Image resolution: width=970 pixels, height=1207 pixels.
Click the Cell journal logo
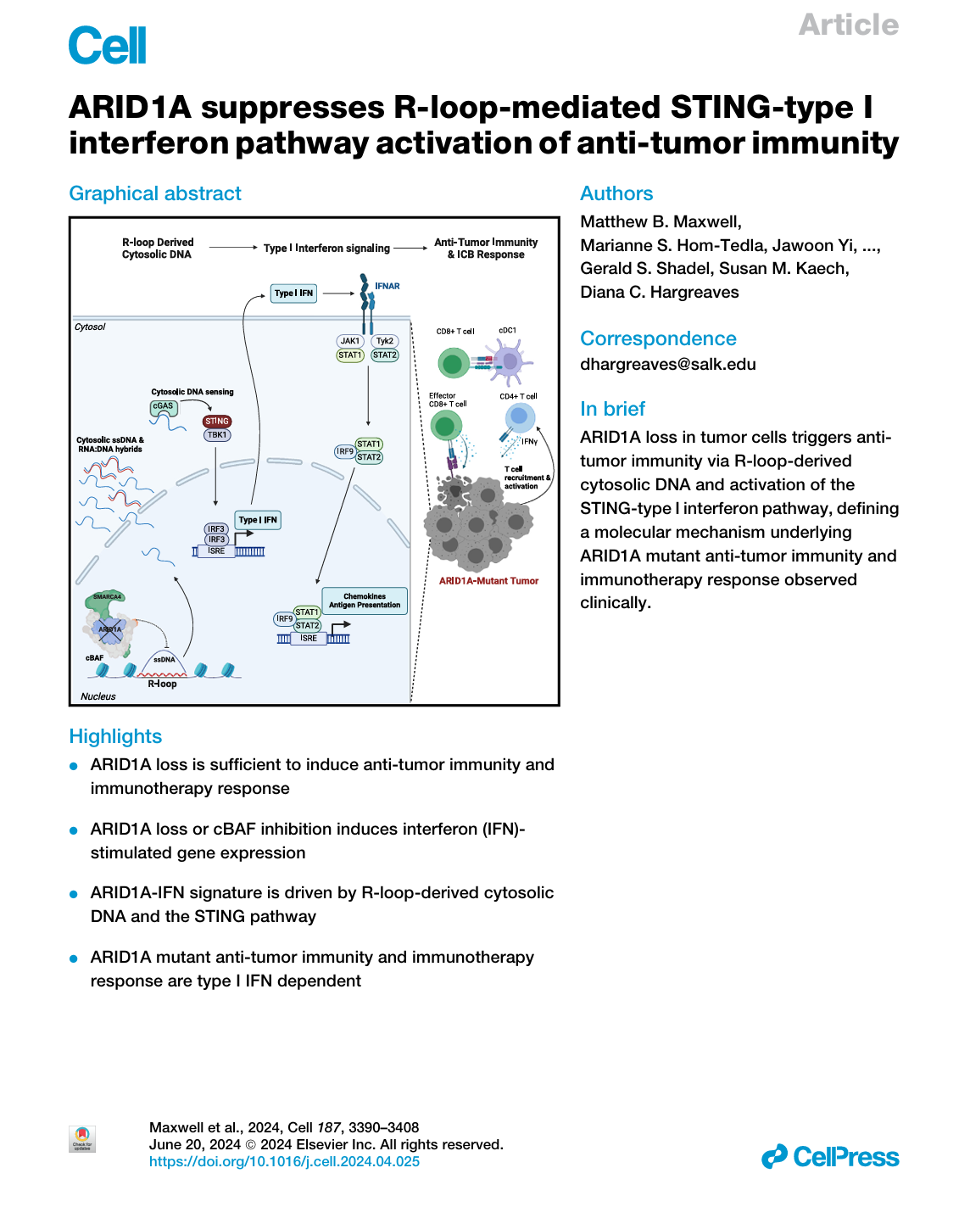(x=107, y=45)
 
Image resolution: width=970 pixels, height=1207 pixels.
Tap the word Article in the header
(x=848, y=25)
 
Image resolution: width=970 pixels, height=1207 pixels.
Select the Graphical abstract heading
(x=155, y=193)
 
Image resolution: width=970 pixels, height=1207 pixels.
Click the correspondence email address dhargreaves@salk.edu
(x=667, y=364)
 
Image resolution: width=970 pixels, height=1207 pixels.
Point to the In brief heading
(x=612, y=409)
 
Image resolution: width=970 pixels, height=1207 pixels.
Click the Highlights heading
(x=115, y=736)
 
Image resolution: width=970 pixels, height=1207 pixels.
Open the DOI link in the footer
(x=284, y=1162)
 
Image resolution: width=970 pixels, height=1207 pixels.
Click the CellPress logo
(x=830, y=1157)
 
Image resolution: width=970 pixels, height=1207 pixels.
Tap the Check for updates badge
(x=82, y=1138)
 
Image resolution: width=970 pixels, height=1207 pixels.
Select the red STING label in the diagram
(x=217, y=422)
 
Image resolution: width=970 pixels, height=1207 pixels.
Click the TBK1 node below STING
(x=217, y=435)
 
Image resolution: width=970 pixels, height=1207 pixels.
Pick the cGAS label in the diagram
(x=163, y=406)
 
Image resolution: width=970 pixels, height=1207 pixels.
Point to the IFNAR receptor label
(x=387, y=286)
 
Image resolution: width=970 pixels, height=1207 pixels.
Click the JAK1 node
(x=350, y=341)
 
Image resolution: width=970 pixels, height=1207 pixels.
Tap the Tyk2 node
(x=385, y=341)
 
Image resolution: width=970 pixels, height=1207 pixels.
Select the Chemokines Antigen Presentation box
(x=365, y=601)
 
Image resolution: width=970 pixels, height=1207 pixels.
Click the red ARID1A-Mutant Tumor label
(x=488, y=581)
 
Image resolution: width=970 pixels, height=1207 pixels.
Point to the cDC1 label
(x=507, y=331)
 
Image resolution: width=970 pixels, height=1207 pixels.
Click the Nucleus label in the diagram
(x=98, y=696)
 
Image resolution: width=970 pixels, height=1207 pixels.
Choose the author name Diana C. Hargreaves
(x=659, y=292)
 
